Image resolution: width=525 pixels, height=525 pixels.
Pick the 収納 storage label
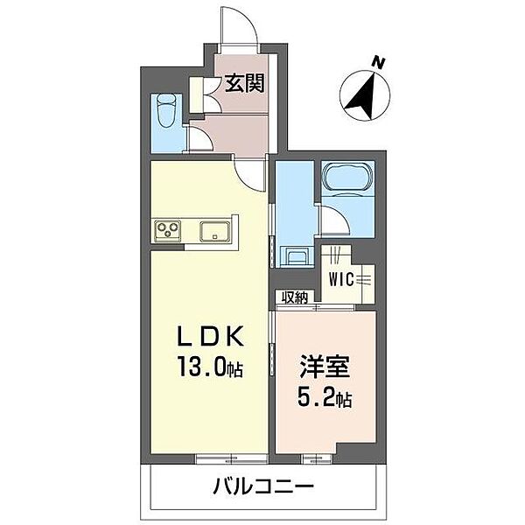(x=294, y=298)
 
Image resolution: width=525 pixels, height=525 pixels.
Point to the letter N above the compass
(x=378, y=63)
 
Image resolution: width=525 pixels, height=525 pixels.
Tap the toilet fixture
(x=166, y=111)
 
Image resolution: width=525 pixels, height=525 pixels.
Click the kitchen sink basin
(x=214, y=232)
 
